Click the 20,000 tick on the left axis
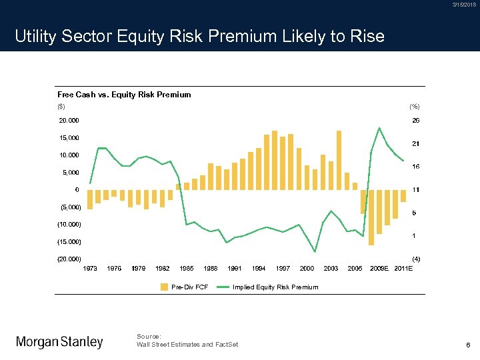point(69,121)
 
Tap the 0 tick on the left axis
point(77,190)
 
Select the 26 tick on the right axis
point(415,121)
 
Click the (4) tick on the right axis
point(415,259)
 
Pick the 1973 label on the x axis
point(90,269)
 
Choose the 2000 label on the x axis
point(307,269)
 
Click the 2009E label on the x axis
point(379,269)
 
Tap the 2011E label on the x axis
point(403,269)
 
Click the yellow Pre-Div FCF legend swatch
point(165,287)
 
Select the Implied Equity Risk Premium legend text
point(275,287)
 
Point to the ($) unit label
point(61,107)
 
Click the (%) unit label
point(415,107)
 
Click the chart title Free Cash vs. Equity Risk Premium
point(124,95)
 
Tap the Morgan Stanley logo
point(59,342)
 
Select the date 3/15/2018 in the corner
point(464,5)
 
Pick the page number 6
point(469,344)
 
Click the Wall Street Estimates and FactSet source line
point(187,344)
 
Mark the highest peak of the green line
point(379,127)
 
